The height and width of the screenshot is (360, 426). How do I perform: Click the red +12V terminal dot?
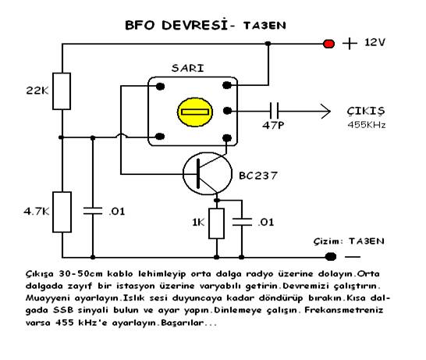click(328, 44)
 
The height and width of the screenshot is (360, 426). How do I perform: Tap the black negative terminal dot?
click(331, 256)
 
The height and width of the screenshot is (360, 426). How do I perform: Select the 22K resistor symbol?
click(62, 91)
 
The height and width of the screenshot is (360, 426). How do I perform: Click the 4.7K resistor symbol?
click(62, 212)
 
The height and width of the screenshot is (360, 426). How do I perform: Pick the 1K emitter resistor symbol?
click(217, 223)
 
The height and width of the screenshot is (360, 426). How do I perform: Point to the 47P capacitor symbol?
click(274, 111)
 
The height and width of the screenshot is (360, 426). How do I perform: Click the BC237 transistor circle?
click(208, 173)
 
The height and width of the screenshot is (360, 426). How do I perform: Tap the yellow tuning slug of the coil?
click(195, 112)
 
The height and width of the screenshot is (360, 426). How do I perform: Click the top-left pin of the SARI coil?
click(160, 87)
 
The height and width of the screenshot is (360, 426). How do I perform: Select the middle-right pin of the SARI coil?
click(227, 111)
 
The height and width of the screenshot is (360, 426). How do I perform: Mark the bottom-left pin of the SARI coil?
click(160, 136)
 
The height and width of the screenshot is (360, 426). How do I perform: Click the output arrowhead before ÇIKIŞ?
click(325, 111)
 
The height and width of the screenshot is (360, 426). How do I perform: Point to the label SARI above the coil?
click(188, 68)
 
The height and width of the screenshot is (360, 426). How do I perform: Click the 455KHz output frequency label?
click(367, 125)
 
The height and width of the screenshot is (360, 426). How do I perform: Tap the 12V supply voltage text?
click(375, 42)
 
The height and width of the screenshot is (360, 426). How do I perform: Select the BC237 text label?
click(258, 176)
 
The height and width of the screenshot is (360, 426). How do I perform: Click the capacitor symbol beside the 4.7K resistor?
click(93, 211)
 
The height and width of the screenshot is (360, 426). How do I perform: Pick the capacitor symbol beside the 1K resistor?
click(242, 222)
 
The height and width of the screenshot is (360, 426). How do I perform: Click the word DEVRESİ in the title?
click(194, 25)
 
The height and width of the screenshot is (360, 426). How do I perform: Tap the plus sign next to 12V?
click(350, 44)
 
